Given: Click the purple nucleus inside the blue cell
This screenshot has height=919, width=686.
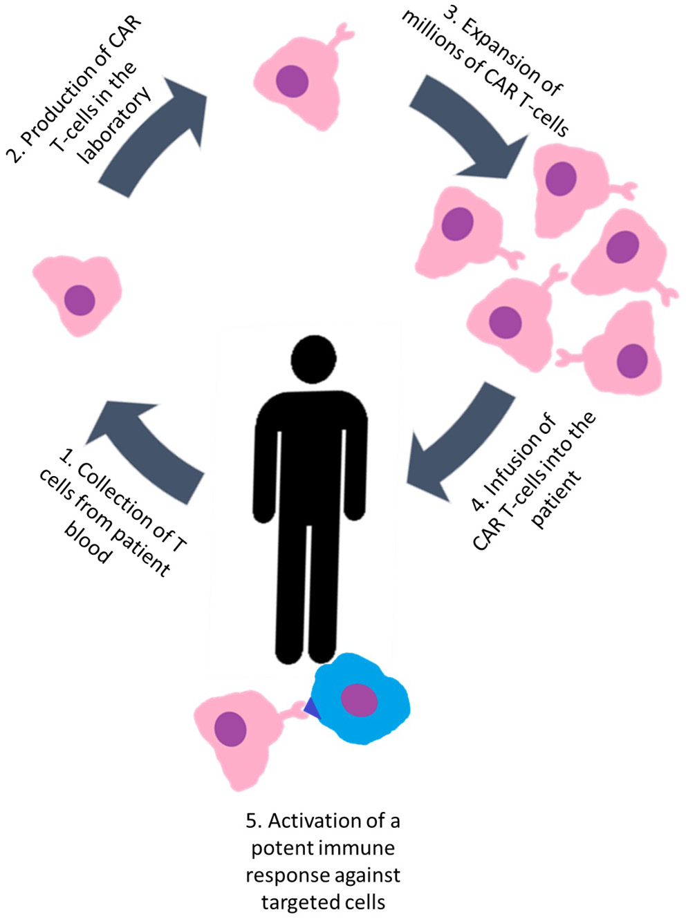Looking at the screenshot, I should click(359, 700).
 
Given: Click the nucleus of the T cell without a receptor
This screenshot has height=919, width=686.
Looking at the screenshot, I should click(80, 300).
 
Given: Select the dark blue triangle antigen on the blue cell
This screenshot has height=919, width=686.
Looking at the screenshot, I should click(311, 710).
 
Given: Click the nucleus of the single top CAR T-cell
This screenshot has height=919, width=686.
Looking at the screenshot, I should click(292, 81).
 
